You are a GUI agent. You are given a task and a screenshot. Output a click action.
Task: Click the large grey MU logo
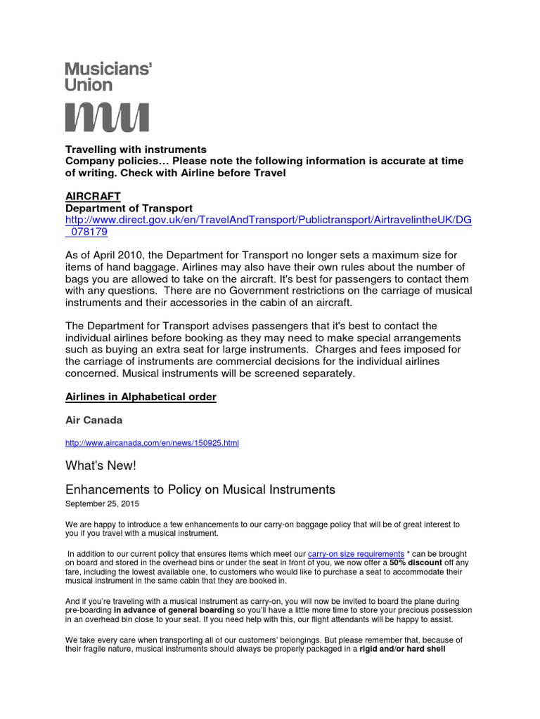coord(107,117)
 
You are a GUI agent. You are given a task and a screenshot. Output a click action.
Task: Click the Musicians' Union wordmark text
coord(108,77)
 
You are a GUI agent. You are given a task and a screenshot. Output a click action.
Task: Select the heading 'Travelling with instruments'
coord(136,150)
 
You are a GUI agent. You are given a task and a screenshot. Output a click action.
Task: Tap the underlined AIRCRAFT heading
coord(93,196)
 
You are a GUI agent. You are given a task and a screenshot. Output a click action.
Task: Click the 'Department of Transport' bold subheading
coord(129,208)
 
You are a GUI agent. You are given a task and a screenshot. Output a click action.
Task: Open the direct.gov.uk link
coord(268,220)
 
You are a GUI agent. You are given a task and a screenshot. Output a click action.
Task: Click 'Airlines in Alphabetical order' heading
coord(141,397)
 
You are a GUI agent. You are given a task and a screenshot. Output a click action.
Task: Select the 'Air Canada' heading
coord(94,420)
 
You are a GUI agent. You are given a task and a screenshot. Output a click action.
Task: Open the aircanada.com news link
coord(152,443)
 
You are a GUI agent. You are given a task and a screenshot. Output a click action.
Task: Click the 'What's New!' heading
coord(101,466)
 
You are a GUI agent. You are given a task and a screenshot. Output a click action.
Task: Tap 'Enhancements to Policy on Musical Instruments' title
coord(200,489)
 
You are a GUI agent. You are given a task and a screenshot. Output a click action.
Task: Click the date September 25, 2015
coord(102,503)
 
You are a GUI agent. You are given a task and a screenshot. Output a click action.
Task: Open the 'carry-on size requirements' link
coord(356,554)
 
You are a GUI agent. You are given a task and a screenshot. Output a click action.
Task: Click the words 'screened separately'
coord(304,374)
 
